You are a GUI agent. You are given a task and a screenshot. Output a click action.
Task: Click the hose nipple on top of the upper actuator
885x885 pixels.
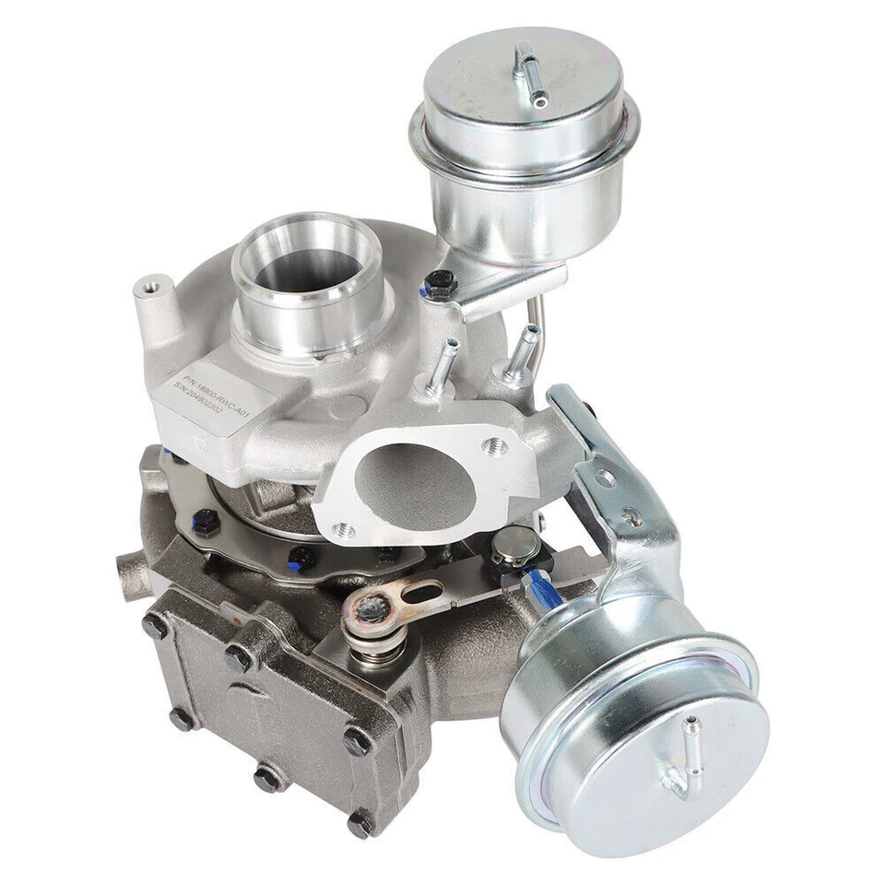point(527,70)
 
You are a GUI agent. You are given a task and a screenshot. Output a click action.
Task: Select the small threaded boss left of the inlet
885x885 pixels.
point(148,293)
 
